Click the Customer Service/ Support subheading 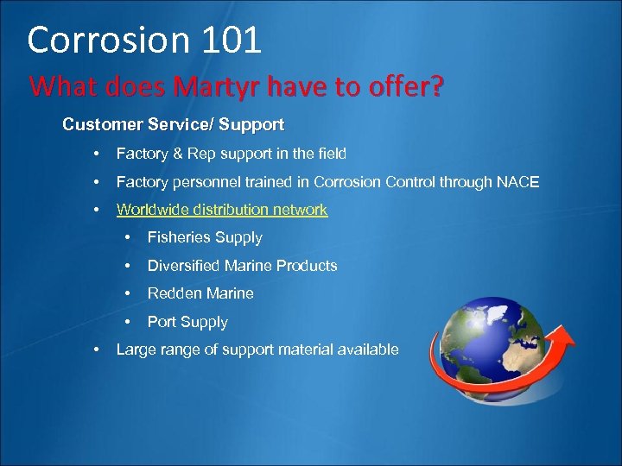point(173,124)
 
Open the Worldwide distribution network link point(222,210)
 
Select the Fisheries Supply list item point(205,237)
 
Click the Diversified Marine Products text point(242,266)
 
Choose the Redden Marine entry point(200,293)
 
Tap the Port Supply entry point(187,322)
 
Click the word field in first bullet point(331,154)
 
